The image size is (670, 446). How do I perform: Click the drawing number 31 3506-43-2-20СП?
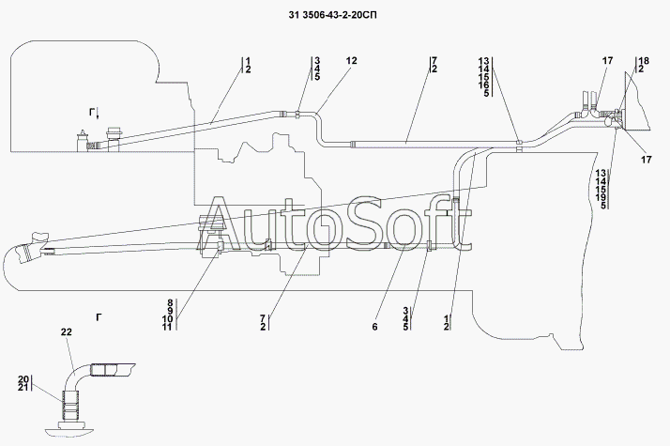coord(335,17)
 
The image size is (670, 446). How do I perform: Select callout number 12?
coord(352,60)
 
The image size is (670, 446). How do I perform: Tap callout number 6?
coord(374,327)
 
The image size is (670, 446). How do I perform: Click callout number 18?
coord(643,60)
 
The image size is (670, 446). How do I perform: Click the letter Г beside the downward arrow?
coord(92,113)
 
